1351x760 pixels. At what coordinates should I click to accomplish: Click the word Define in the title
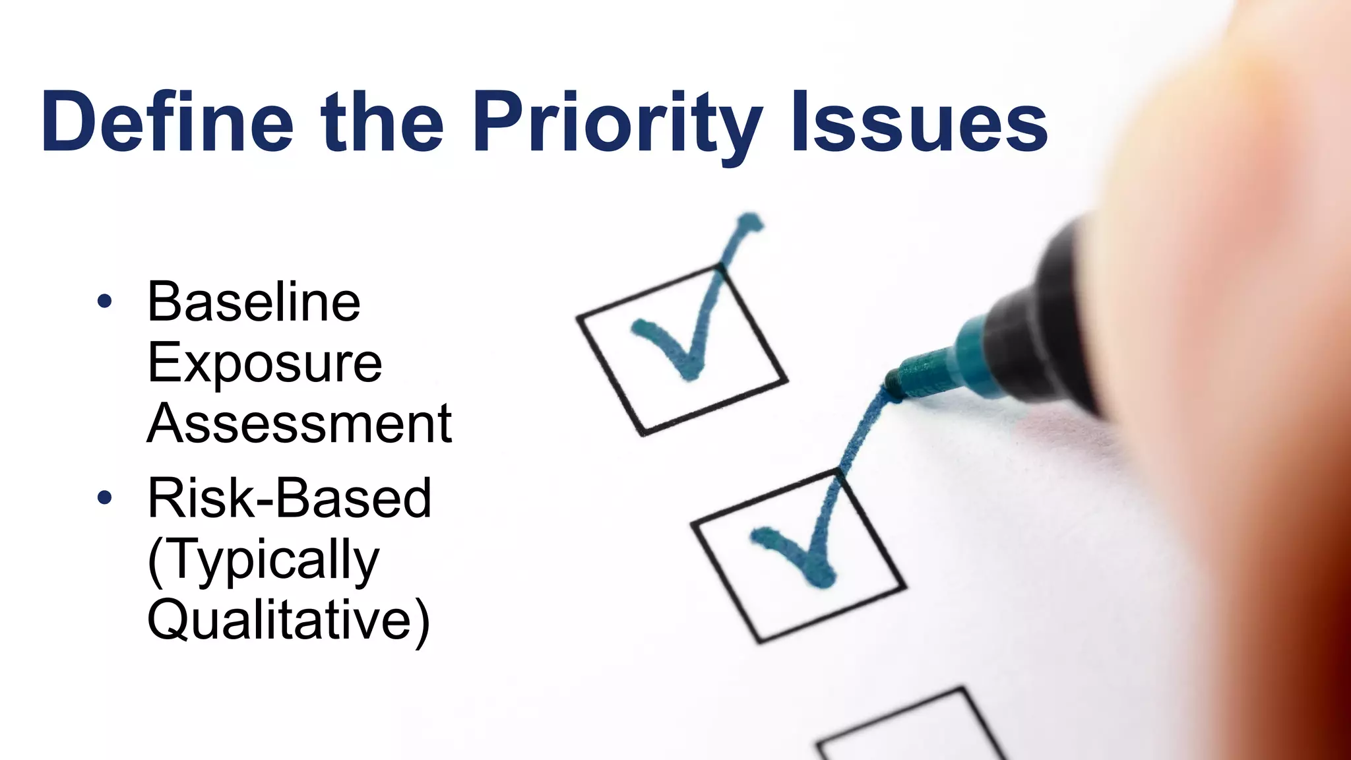pos(168,122)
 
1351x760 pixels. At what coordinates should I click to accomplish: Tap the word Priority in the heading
pos(617,125)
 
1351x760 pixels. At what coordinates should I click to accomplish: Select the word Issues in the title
pos(920,122)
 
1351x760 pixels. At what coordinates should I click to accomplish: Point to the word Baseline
pos(254,302)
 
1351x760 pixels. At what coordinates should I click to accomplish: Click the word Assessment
pos(299,424)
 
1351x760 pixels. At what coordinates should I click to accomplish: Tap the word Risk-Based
pos(290,498)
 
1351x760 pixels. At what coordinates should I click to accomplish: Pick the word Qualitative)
pos(288,620)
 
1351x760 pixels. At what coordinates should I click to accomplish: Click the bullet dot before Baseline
pos(104,302)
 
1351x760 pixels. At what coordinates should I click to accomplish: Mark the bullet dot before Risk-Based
pos(104,497)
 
